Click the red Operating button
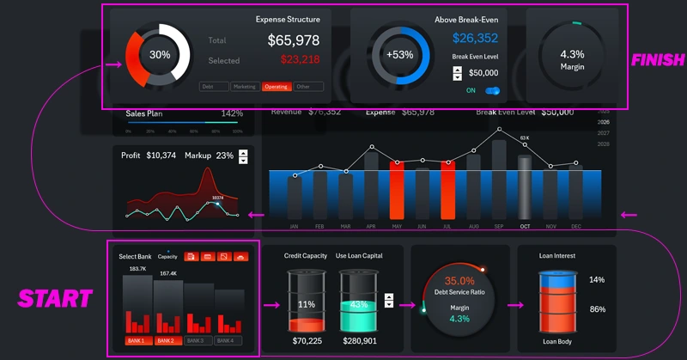coord(277,87)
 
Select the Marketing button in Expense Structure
coord(246,87)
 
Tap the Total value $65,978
coord(294,40)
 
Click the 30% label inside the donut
coord(160,55)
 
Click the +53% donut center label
coord(400,55)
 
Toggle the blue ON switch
coord(492,90)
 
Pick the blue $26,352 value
coord(476,38)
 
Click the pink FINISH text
coord(658,60)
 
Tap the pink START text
coord(56,299)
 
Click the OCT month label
coord(525,227)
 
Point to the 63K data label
coord(525,137)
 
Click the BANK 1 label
coord(138,341)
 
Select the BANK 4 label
coord(228,341)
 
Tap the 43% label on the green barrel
coord(359,305)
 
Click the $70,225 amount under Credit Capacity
coord(307,341)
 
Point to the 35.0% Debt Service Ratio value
coord(459,281)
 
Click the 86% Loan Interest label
coord(597,309)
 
